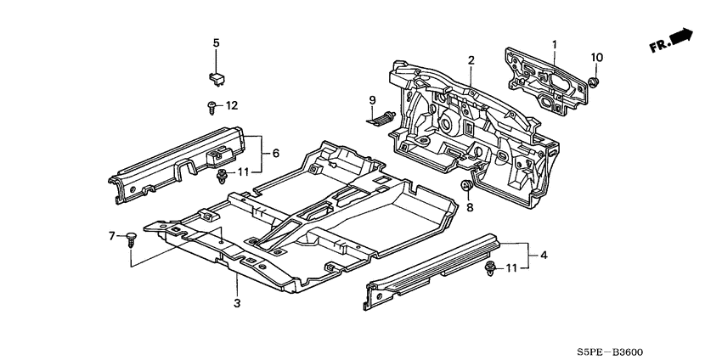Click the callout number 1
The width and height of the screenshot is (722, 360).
click(x=555, y=45)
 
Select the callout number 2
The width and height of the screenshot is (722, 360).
click(x=471, y=60)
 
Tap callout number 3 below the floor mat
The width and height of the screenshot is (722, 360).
click(x=237, y=303)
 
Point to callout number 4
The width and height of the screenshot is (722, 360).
click(x=544, y=255)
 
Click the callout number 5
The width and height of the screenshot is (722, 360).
click(x=216, y=43)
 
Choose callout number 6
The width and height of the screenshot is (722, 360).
click(x=276, y=154)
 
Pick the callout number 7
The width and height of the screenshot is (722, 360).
click(x=111, y=236)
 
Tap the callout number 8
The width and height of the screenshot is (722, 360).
click(x=470, y=208)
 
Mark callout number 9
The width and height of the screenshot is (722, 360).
click(x=373, y=100)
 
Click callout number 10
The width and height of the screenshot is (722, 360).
click(x=597, y=58)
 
